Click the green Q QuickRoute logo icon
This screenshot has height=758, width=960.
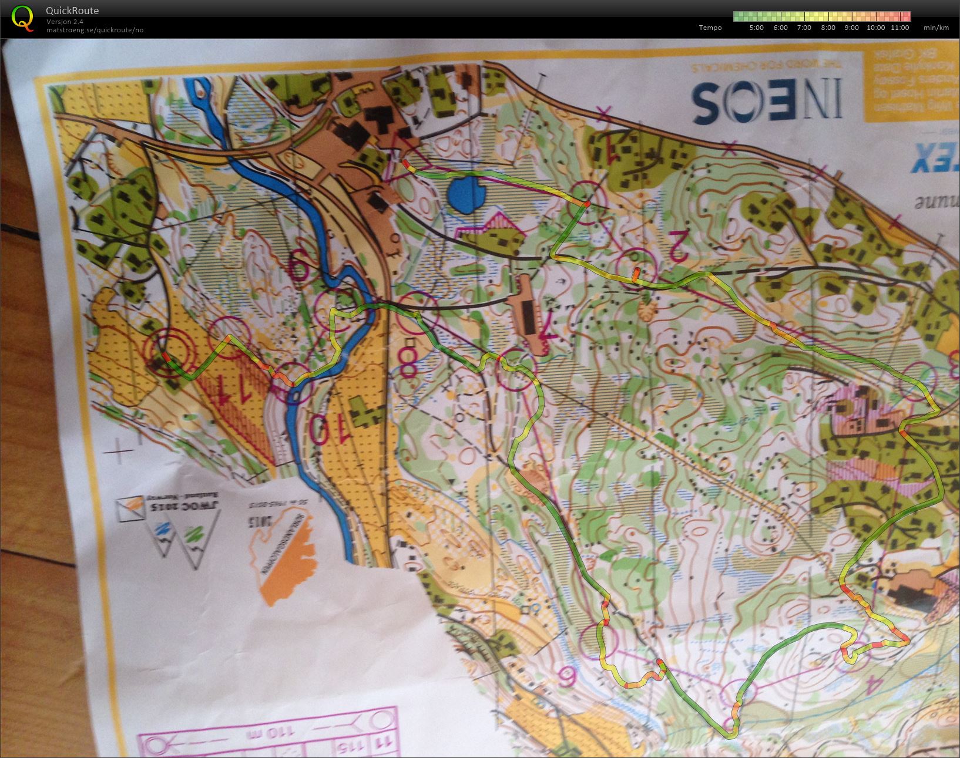point(22,18)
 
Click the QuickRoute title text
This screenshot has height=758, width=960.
point(72,11)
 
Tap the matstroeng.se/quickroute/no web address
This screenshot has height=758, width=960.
point(95,30)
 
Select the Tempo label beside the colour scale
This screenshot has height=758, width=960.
point(710,28)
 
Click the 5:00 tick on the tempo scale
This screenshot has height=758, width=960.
point(757,28)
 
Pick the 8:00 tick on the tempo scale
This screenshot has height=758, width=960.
point(827,28)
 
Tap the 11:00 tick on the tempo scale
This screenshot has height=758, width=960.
point(899,28)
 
